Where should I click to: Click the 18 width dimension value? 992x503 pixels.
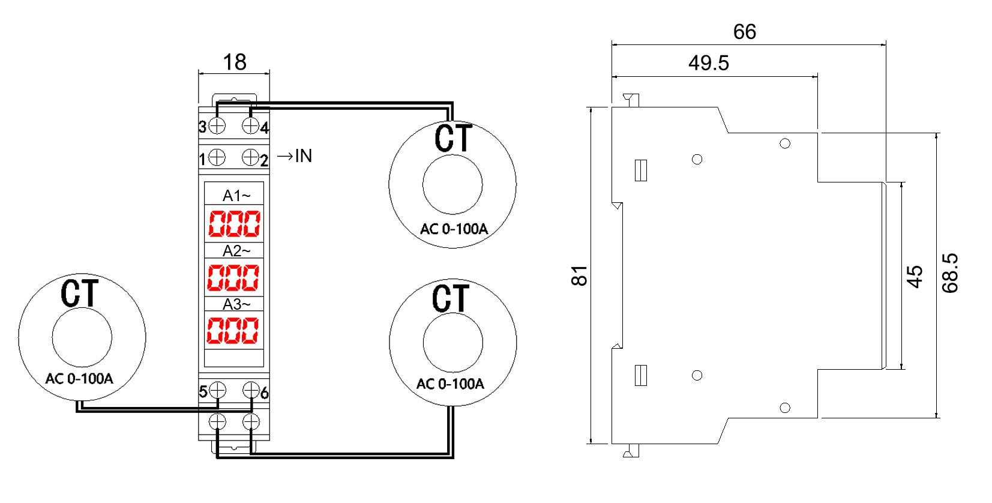tap(235, 62)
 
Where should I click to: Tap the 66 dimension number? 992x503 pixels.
tap(744, 32)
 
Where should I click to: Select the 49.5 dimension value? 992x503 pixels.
tap(709, 63)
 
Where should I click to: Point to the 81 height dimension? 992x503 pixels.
tap(579, 276)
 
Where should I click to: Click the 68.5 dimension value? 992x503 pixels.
tap(950, 273)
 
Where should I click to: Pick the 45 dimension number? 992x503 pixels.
tap(915, 277)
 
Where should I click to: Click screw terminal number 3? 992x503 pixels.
tap(217, 126)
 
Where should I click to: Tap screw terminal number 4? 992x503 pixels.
tap(251, 126)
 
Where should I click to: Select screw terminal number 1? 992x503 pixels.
tap(217, 157)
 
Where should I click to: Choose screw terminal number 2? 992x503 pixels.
tap(251, 157)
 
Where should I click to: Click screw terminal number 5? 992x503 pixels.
tap(217, 390)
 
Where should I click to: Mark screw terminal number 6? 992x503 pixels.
tap(251, 390)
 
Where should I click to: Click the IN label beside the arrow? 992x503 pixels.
tap(303, 156)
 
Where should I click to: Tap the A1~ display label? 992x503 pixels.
tap(236, 195)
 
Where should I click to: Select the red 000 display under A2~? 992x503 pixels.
tap(233, 278)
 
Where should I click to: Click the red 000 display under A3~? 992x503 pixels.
tap(233, 330)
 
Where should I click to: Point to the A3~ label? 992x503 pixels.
tap(236, 304)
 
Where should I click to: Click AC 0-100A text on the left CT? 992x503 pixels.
tap(79, 379)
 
